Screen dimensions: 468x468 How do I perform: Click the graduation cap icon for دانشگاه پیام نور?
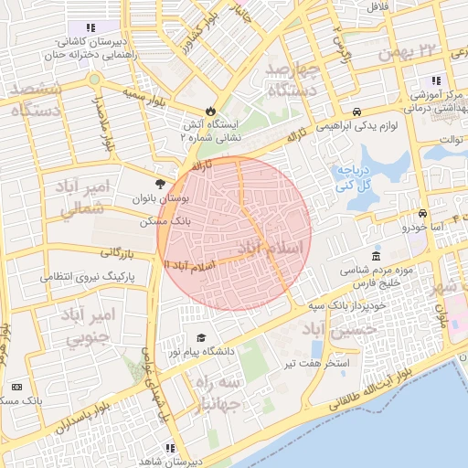coord(201,337)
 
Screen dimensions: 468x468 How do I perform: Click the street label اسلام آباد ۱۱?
coord(188,264)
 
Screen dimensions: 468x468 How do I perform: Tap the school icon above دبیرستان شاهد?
coord(169,448)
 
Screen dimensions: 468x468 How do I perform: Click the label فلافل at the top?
coord(377,7)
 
